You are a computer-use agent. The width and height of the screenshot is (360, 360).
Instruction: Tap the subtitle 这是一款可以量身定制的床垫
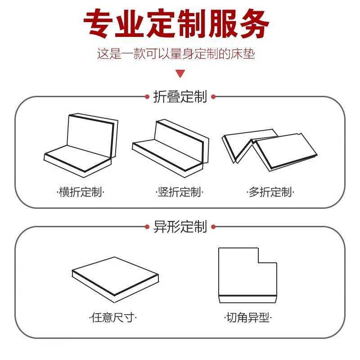(x=176, y=54)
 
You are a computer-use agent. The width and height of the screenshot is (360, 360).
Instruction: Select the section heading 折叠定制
(x=180, y=97)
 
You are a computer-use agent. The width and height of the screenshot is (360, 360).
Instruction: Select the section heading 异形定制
(x=180, y=226)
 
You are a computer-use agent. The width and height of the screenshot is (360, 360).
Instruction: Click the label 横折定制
(x=81, y=193)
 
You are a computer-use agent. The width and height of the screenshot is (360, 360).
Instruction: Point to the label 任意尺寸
(x=113, y=318)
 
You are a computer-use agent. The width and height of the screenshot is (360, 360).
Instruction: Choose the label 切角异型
(x=248, y=318)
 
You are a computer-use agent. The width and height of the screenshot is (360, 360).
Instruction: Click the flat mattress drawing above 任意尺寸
(x=115, y=276)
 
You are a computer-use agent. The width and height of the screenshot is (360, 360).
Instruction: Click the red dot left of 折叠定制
(x=147, y=97)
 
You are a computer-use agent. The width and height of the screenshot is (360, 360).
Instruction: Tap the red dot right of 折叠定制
(x=213, y=97)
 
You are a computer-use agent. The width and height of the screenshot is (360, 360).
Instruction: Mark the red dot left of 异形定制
(x=147, y=227)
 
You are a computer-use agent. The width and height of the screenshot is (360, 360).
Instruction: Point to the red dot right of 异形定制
(x=213, y=227)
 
